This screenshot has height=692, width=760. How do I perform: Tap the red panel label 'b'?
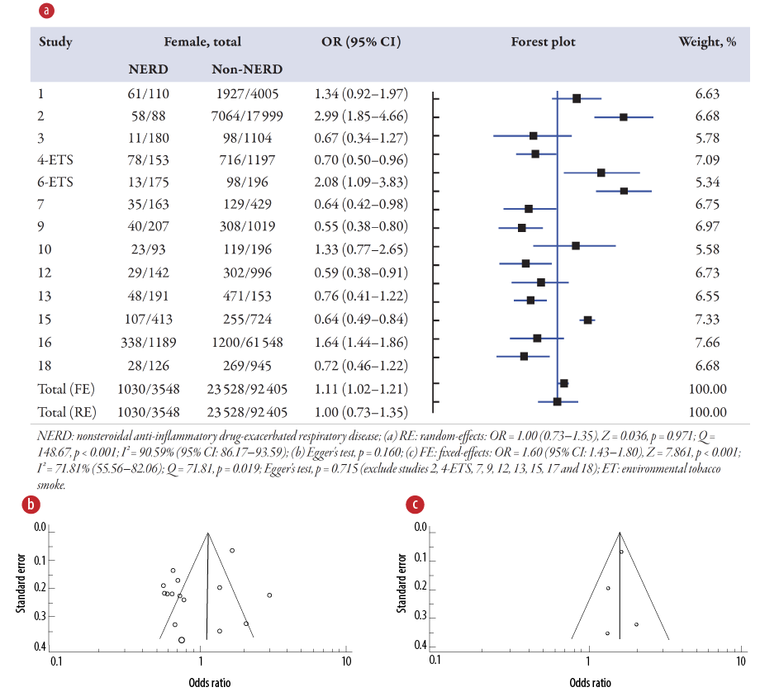31,504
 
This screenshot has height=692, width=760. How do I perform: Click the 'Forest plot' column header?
543,42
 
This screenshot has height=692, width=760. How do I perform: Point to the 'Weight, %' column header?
707,42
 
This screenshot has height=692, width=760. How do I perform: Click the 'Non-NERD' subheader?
247,69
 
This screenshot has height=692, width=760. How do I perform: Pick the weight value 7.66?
710,342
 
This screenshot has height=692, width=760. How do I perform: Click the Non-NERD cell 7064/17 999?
247,116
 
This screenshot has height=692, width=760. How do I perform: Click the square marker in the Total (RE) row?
558,401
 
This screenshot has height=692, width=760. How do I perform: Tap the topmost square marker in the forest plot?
577,97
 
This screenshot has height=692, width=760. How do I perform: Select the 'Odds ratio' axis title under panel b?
199,682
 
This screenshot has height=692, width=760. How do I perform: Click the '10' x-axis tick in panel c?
736,661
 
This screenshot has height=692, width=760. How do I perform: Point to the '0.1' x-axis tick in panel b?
55,661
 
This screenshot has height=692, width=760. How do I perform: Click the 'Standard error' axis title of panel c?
402,586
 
